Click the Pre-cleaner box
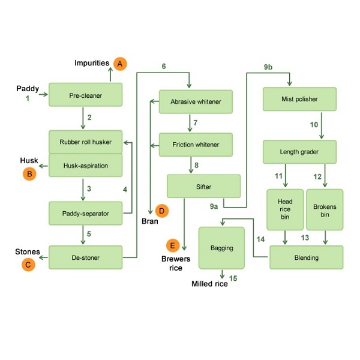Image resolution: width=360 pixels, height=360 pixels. pyautogui.click(x=85, y=95)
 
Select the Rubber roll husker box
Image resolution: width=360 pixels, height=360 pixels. pyautogui.click(x=85, y=142)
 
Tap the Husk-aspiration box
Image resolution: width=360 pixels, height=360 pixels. pyautogui.click(x=85, y=166)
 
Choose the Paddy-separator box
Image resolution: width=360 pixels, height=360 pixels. pyautogui.click(x=85, y=212)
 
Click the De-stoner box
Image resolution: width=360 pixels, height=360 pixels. pyautogui.click(x=85, y=257)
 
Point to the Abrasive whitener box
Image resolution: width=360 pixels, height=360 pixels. pyautogui.click(x=196, y=101)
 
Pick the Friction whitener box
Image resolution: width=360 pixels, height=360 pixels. pyautogui.click(x=196, y=145)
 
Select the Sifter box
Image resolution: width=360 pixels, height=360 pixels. pyautogui.click(x=203, y=187)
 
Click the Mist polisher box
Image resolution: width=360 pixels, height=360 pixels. pyautogui.click(x=299, y=99)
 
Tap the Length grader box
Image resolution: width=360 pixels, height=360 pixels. pyautogui.click(x=299, y=152)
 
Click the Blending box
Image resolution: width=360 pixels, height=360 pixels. pyautogui.click(x=306, y=258)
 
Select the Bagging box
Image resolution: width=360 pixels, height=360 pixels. pyautogui.click(x=221, y=247)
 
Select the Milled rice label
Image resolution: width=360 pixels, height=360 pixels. pyautogui.click(x=209, y=284)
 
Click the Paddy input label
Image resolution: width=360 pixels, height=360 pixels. pyautogui.click(x=27, y=89)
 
